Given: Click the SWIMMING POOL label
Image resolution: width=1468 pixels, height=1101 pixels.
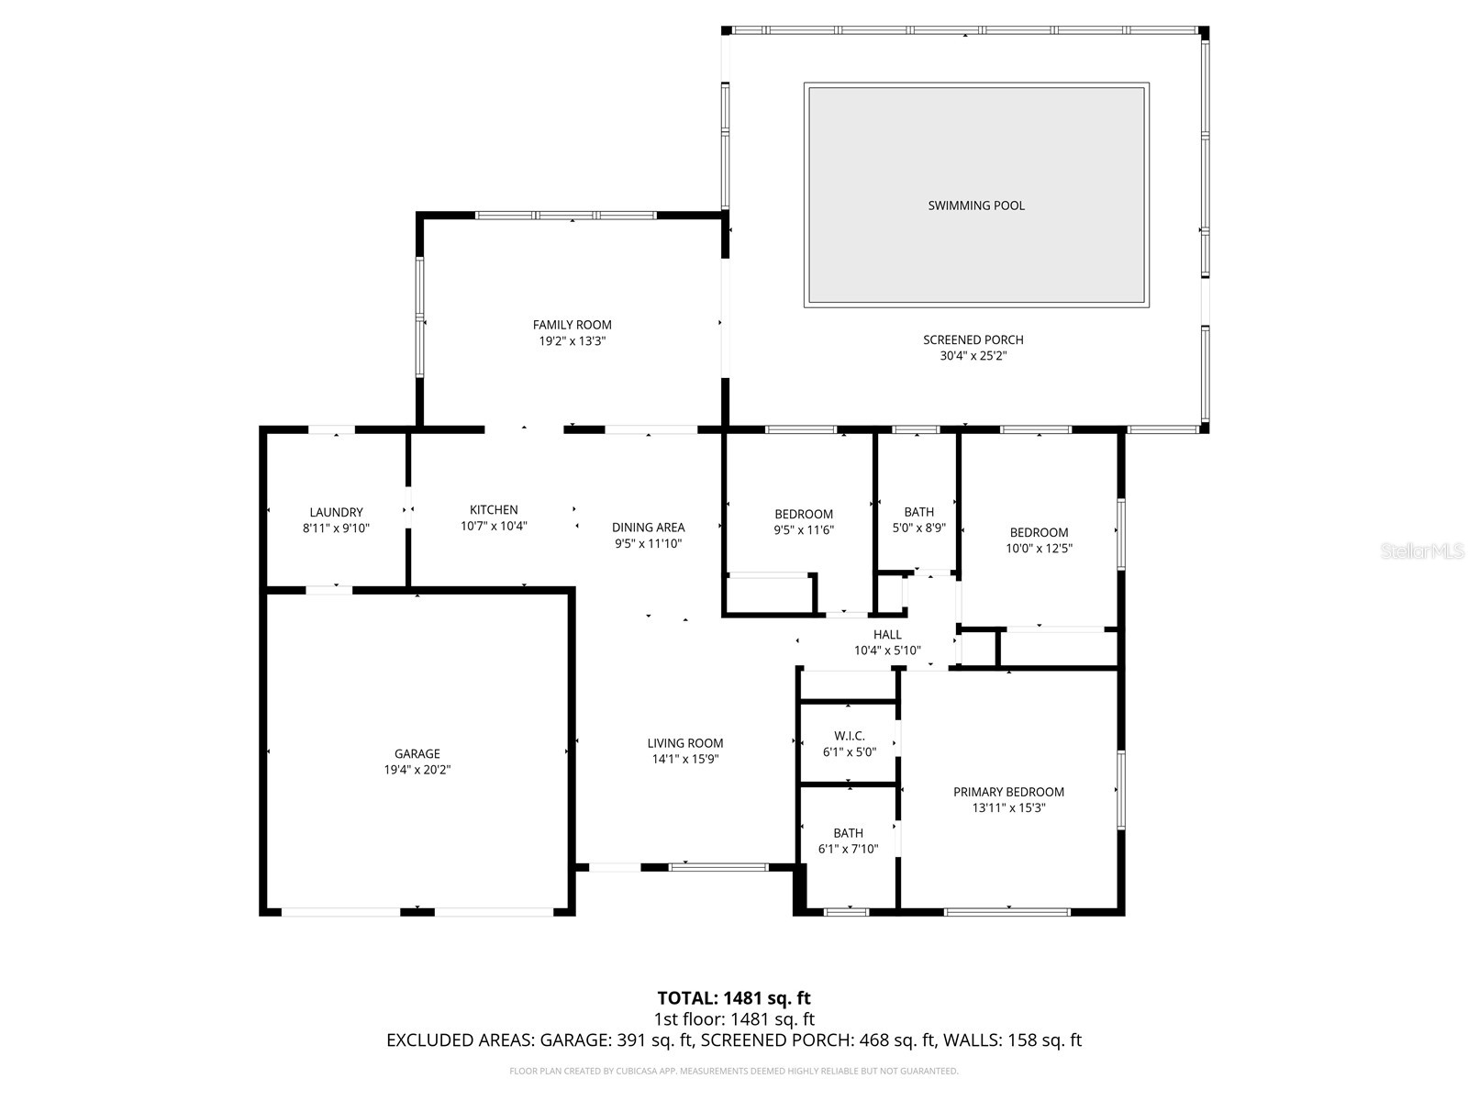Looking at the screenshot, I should click(x=976, y=206).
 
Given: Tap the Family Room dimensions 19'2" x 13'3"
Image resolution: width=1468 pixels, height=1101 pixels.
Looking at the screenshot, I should click(x=573, y=340).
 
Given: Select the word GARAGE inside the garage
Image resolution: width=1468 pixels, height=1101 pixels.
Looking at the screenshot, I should click(x=417, y=753).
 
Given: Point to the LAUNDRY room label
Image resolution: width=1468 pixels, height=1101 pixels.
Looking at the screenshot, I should click(x=336, y=512).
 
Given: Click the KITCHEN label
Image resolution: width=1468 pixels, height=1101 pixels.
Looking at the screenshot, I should click(x=494, y=509).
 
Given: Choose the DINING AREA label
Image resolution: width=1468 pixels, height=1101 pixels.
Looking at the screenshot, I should click(x=648, y=527).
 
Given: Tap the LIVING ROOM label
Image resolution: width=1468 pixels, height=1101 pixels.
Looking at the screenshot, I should click(x=684, y=743).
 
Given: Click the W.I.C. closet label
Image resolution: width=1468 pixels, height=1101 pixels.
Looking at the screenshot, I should click(x=849, y=735).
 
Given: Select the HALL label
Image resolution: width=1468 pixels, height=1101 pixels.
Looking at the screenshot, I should click(x=887, y=634).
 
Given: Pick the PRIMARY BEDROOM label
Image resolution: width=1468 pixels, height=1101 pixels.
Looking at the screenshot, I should click(x=1008, y=792).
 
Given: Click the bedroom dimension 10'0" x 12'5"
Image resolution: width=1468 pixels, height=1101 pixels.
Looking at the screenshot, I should click(x=1040, y=549).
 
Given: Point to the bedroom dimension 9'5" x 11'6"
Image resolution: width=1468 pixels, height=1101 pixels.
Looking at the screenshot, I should click(x=804, y=530).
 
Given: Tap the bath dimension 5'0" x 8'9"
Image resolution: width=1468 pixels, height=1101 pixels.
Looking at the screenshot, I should click(x=918, y=528).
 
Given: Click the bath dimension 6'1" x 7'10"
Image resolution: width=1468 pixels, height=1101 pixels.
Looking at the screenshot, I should click(x=848, y=850).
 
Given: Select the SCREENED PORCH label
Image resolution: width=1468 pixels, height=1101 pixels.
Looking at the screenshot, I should click(x=973, y=339).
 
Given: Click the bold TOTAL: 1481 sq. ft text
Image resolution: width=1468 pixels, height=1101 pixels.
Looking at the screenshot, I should click(x=734, y=998).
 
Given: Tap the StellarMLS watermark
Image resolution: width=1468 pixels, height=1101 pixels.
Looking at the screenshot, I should click(x=1423, y=551).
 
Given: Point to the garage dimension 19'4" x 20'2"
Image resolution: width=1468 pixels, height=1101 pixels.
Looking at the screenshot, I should click(x=417, y=770).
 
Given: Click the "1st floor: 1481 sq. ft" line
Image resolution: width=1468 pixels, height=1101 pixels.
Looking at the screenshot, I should click(x=734, y=1019).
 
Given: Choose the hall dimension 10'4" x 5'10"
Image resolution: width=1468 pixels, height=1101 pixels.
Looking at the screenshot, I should click(x=887, y=651).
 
